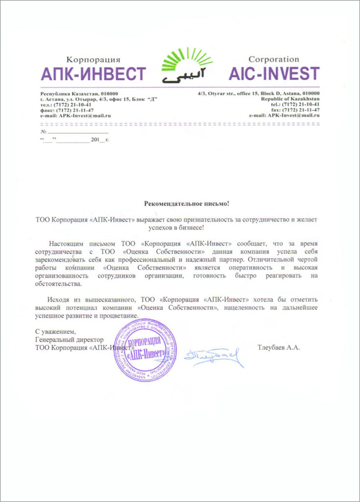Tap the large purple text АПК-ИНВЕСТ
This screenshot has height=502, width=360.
click(93, 74)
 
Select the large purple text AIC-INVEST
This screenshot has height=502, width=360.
click(274, 74)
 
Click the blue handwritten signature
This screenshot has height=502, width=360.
click(214, 356)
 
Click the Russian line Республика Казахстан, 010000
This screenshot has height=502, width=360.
click(79, 94)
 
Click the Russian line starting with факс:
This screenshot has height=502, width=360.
click(67, 110)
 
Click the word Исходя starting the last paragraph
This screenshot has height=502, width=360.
click(59, 299)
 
